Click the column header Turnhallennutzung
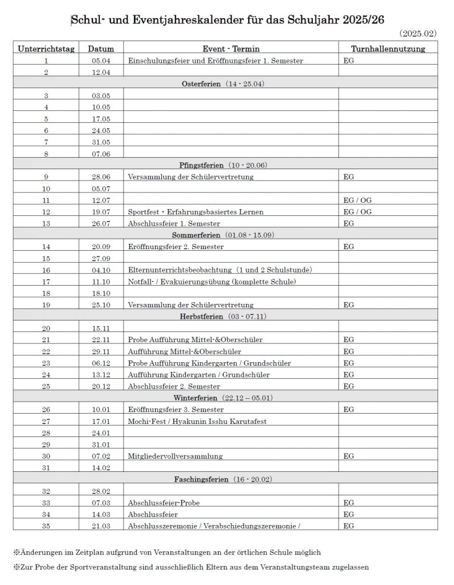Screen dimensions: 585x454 click(x=388, y=49)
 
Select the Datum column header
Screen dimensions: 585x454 click(x=101, y=49)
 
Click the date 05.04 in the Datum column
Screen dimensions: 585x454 click(x=101, y=61)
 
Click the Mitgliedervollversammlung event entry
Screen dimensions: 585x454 click(x=176, y=456)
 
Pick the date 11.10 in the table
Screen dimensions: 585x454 click(x=101, y=282)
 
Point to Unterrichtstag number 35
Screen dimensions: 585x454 click(x=46, y=526)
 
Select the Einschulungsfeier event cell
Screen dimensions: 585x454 click(x=216, y=61)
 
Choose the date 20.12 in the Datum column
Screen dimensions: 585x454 click(x=101, y=386)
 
